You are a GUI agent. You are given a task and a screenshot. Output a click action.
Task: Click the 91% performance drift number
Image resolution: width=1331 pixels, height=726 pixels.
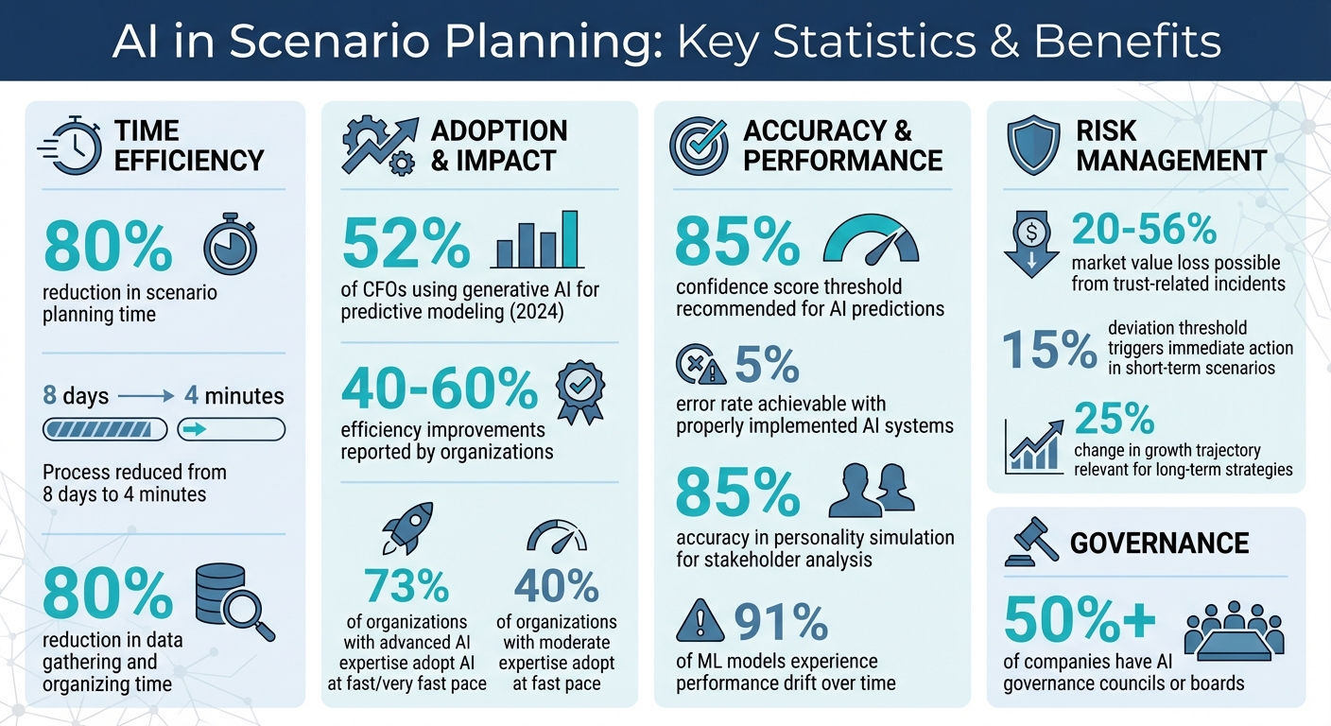point(781,622)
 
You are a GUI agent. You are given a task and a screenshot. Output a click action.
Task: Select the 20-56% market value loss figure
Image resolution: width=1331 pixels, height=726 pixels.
point(1144,230)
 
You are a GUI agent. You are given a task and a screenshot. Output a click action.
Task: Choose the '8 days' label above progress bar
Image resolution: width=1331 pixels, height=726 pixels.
point(77,395)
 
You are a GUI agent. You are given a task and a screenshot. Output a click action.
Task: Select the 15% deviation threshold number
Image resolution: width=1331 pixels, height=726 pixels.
point(1048,350)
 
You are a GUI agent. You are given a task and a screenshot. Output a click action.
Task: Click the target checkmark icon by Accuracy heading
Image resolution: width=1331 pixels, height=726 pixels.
point(698,147)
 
